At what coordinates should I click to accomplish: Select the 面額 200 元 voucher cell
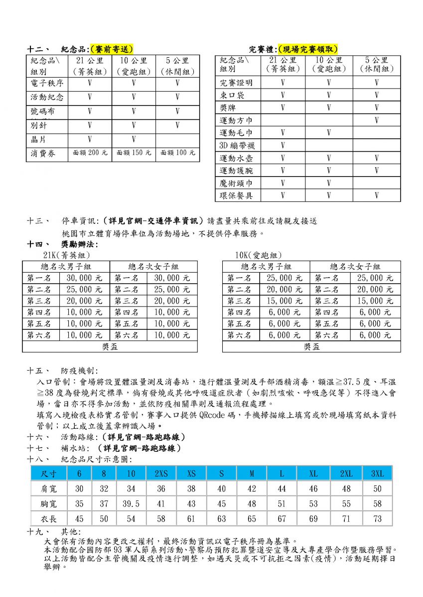(x=90, y=153)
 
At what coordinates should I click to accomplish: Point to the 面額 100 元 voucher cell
(x=177, y=153)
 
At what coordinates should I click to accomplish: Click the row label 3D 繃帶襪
(x=236, y=146)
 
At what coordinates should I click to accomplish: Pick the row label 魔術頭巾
(x=236, y=183)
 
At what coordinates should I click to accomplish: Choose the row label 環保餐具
(x=236, y=196)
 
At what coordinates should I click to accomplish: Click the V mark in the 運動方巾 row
(x=377, y=120)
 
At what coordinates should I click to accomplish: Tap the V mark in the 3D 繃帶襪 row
(x=282, y=146)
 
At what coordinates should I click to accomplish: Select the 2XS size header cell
(x=161, y=473)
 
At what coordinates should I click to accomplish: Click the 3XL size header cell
(x=377, y=473)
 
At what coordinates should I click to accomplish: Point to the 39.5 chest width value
(x=131, y=504)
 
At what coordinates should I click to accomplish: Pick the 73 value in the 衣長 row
(x=377, y=519)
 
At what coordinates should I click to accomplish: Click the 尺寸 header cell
(x=48, y=473)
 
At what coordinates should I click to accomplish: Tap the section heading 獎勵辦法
(x=79, y=244)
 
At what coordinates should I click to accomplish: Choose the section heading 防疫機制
(x=79, y=371)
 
